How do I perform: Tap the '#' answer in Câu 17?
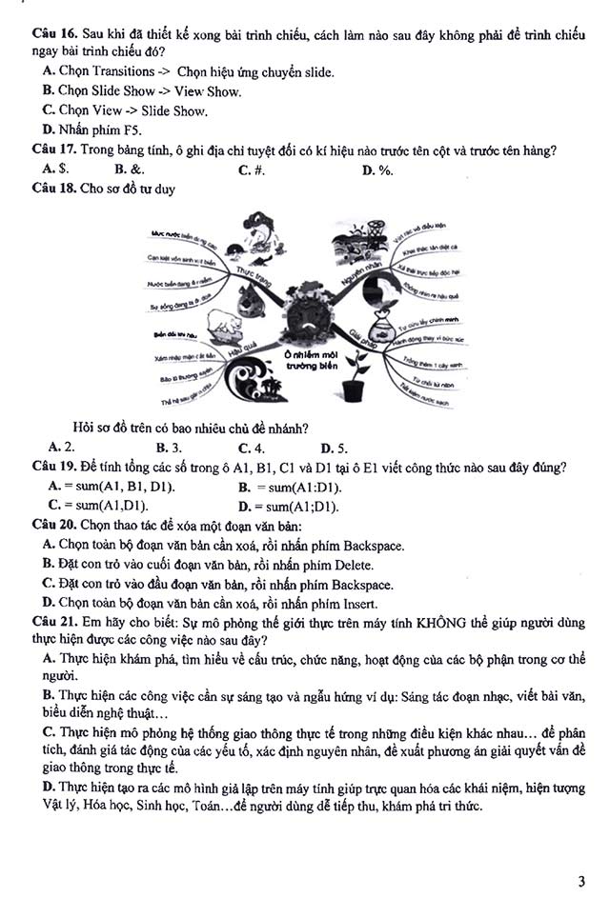[x=251, y=170]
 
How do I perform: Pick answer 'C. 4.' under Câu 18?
[x=252, y=448]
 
